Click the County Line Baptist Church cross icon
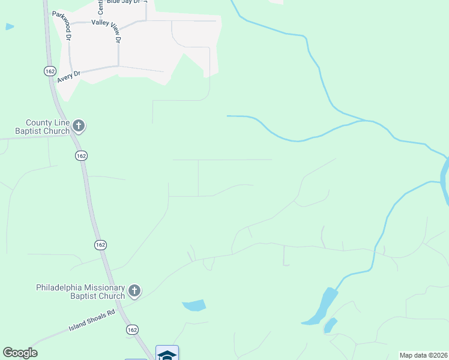(79, 126)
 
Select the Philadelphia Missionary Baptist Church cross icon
(134, 291)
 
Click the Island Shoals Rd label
(91, 320)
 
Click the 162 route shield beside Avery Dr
(50, 71)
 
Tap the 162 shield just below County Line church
(82, 155)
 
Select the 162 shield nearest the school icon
(132, 330)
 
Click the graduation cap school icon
(167, 355)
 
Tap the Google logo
(20, 353)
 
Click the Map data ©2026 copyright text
(423, 355)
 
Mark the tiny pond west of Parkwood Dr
(9, 26)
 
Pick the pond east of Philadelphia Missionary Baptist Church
(194, 305)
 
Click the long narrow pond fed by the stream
(321, 307)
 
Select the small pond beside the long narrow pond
(330, 326)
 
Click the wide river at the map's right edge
(445, 180)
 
